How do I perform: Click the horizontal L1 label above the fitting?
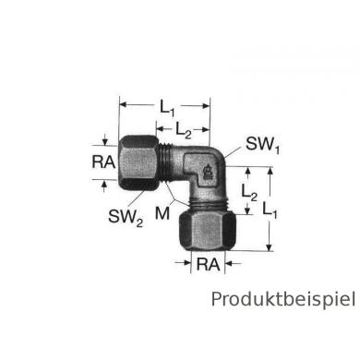(167, 108)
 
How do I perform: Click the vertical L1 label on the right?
(269, 210)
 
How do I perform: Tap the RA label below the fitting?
(207, 266)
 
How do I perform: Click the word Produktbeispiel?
(282, 299)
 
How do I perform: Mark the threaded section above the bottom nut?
(208, 199)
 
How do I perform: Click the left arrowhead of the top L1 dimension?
(124, 103)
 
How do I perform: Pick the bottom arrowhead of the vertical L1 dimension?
(270, 247)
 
